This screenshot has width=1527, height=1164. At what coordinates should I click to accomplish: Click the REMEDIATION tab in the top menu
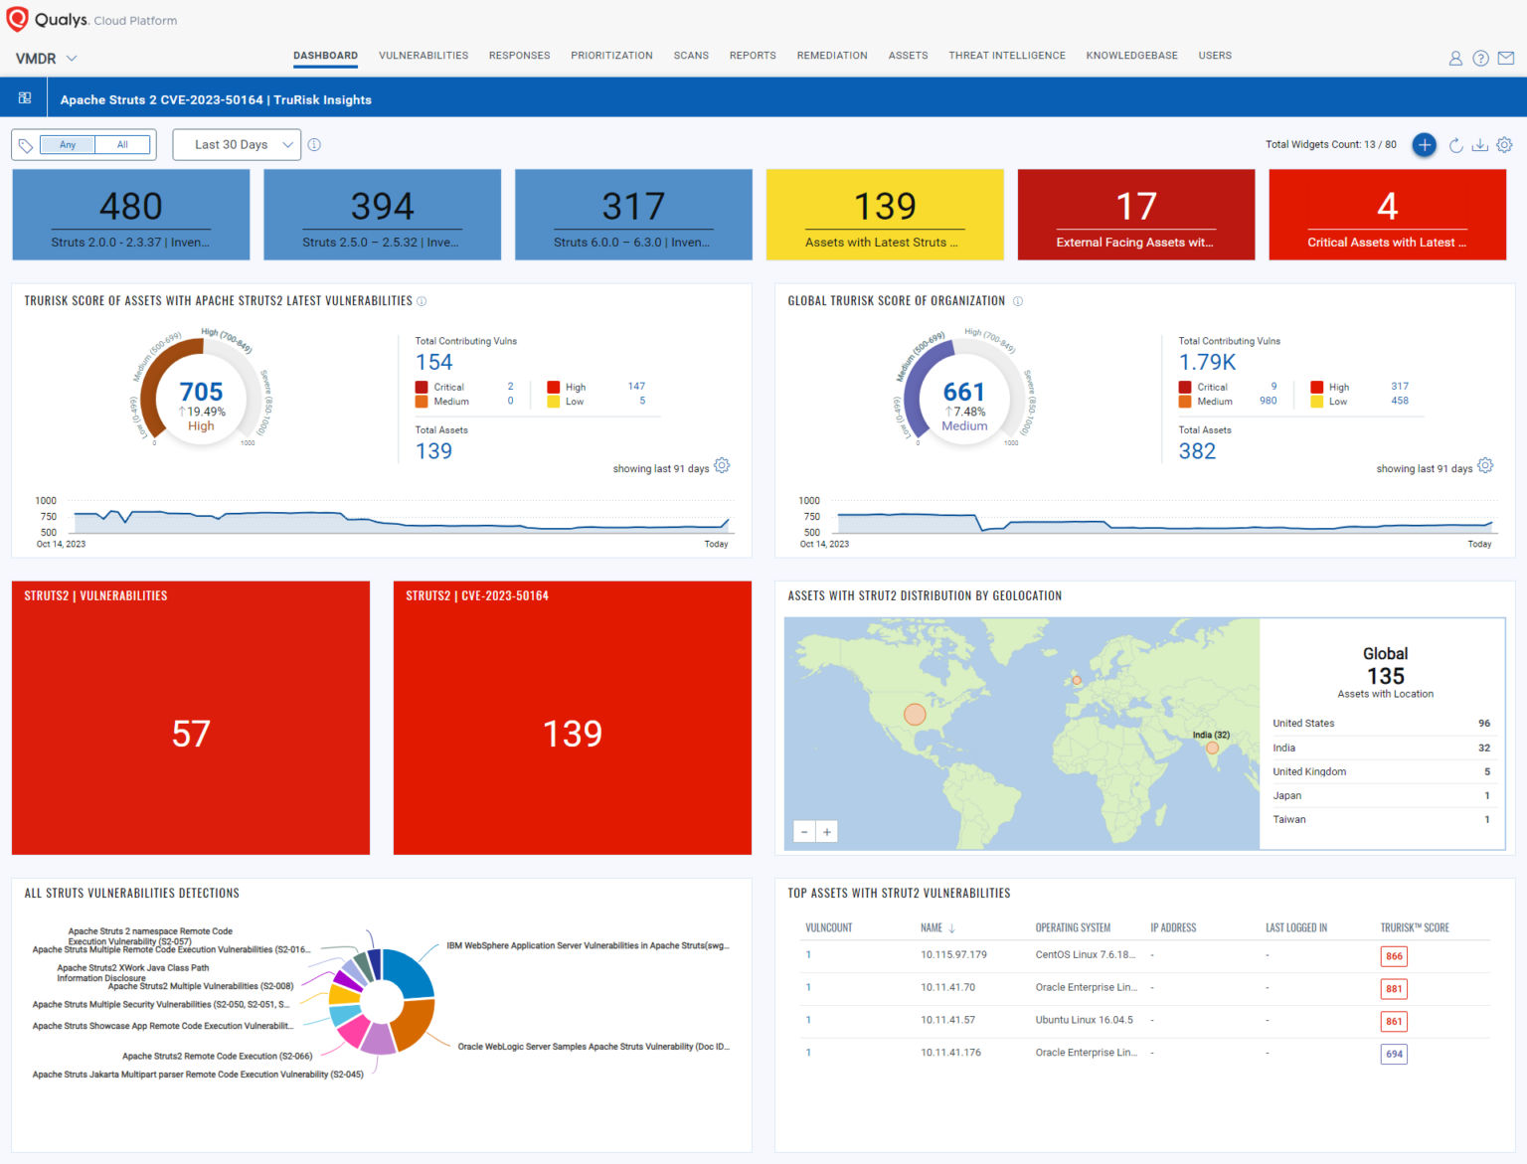click(831, 56)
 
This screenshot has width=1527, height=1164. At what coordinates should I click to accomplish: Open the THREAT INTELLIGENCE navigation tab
click(1006, 56)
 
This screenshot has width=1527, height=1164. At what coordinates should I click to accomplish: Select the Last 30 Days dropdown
click(237, 145)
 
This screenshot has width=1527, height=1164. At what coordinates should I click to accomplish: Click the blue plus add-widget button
click(1424, 145)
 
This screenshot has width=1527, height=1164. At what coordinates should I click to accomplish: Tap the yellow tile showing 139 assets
click(884, 215)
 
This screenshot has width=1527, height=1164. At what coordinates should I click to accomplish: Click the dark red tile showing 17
click(1135, 215)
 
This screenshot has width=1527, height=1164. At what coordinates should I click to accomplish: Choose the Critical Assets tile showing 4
click(1387, 215)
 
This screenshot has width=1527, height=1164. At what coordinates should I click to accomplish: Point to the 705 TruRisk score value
click(201, 392)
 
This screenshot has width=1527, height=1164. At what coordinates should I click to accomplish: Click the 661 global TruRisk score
click(963, 392)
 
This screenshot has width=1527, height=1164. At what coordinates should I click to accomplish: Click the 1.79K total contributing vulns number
click(1207, 363)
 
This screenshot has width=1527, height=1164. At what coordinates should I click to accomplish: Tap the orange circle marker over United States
click(915, 714)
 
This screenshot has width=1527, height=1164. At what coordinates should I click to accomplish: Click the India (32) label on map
click(1211, 735)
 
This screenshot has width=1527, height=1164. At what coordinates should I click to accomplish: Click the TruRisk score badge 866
click(1394, 956)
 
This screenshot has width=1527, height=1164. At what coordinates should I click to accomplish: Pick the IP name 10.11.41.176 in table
click(950, 1053)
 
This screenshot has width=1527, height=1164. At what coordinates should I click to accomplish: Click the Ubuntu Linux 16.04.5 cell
click(1084, 1020)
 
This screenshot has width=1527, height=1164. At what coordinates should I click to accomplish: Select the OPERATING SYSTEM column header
click(1073, 927)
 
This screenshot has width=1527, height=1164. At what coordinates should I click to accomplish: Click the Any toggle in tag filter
click(68, 145)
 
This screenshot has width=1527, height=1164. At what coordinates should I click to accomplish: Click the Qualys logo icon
click(17, 19)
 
